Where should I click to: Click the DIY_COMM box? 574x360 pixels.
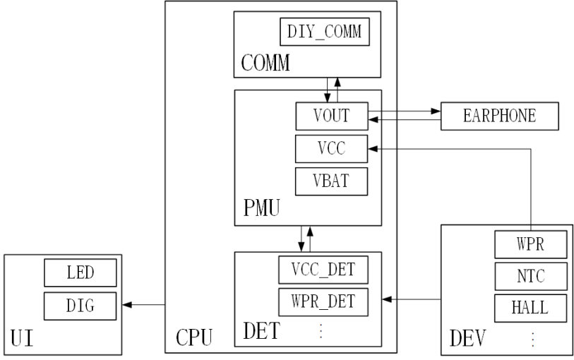click(325, 32)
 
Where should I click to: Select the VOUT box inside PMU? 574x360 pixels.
click(332, 116)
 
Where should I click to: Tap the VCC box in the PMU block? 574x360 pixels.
click(331, 149)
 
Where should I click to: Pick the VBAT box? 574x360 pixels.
click(331, 181)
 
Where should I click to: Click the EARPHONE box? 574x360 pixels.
click(500, 116)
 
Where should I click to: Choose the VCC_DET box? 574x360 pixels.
click(323, 270)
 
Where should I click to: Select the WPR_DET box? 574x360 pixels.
click(323, 302)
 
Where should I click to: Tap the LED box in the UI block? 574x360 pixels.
click(80, 273)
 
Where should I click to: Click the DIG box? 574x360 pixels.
click(80, 306)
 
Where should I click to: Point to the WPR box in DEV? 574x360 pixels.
click(531, 244)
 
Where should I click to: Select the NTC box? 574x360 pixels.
click(531, 276)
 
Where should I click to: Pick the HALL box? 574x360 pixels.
click(531, 308)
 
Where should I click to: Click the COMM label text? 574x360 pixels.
click(265, 63)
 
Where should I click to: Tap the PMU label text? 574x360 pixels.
click(261, 208)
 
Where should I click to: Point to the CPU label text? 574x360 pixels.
click(194, 337)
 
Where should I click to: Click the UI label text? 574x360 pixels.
click(23, 338)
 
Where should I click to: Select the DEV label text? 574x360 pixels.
click(467, 338)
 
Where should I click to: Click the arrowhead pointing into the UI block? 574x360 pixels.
click(127, 304)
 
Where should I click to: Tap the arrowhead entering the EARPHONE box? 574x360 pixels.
click(436, 112)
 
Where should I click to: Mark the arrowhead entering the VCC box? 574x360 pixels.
click(373, 149)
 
